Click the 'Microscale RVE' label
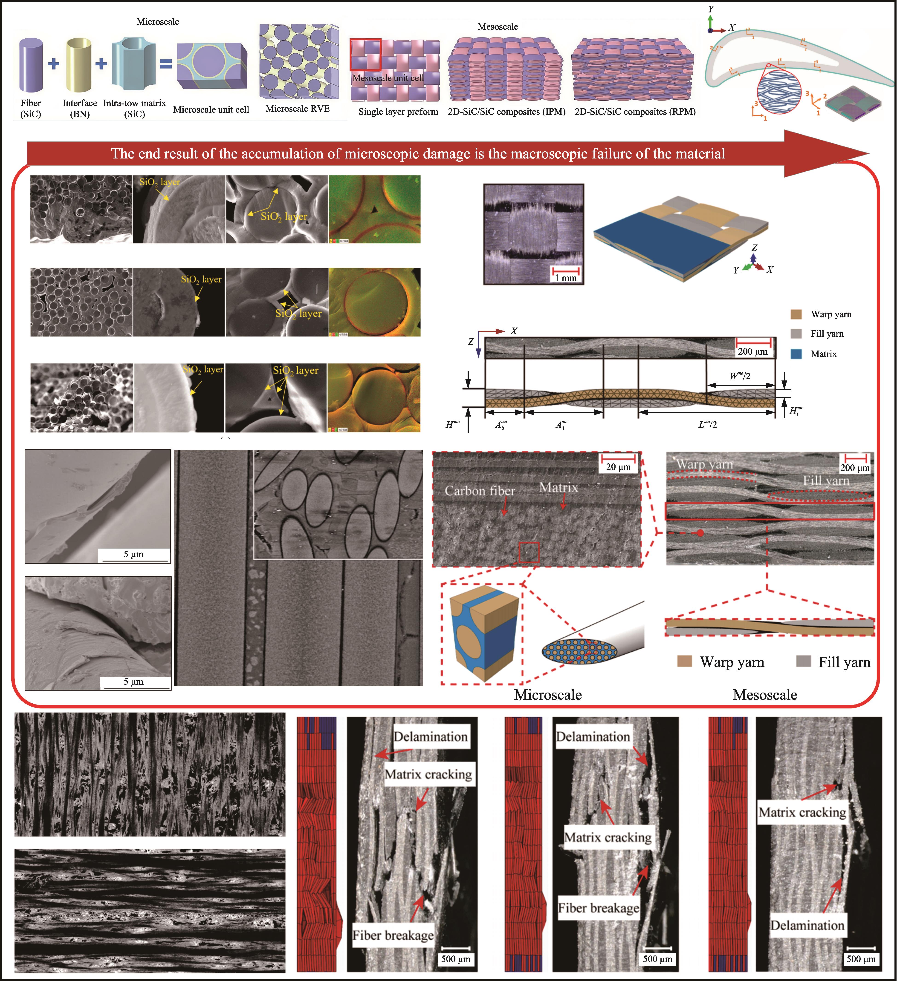pyautogui.click(x=297, y=109)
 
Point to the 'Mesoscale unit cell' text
pyautogui.click(x=388, y=78)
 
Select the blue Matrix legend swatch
pyautogui.click(x=796, y=354)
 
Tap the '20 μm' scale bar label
pyautogui.click(x=618, y=467)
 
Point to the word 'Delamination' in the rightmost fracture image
pyautogui.click(x=807, y=925)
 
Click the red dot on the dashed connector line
pyautogui.click(x=700, y=533)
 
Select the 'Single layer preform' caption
pyautogui.click(x=398, y=111)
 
